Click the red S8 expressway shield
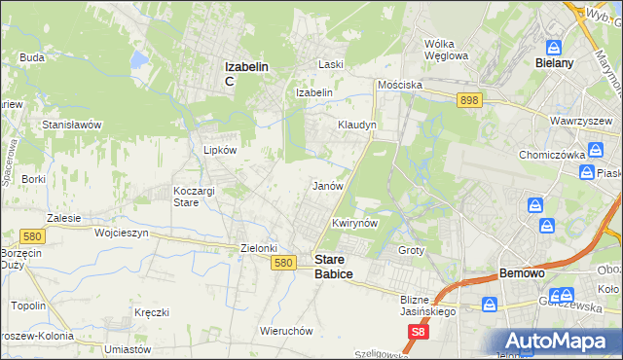[x=418, y=332]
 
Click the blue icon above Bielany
[x=554, y=46]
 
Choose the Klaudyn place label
[x=356, y=126]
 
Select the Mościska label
[x=400, y=85]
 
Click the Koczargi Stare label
[x=193, y=197]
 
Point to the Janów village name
[x=326, y=185]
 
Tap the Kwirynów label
[x=354, y=223]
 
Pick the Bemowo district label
[x=521, y=273]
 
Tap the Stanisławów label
[x=72, y=126]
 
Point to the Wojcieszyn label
[x=121, y=234]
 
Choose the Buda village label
[x=32, y=57]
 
